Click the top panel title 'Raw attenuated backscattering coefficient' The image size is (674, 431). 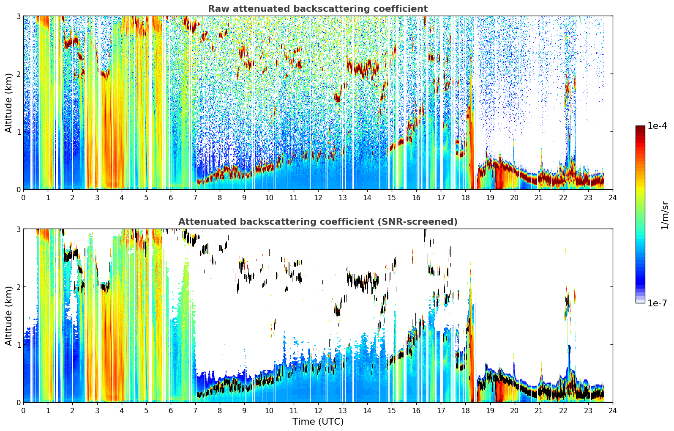(318, 9)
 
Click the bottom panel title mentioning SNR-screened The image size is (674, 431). (318, 222)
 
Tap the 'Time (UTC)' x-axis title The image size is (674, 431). (318, 421)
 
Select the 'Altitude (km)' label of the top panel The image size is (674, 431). (8, 103)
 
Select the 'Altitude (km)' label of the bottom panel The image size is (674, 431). (8, 316)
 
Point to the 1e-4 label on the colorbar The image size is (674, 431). (657, 125)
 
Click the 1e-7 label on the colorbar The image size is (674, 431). (657, 303)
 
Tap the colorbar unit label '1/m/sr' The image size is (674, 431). (665, 216)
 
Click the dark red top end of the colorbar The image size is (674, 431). (640, 127)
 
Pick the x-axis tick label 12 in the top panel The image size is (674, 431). (318, 198)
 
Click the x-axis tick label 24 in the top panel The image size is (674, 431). (613, 198)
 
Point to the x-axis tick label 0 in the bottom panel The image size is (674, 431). (24, 411)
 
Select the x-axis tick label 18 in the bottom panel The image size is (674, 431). (465, 411)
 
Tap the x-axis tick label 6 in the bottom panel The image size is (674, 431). (171, 411)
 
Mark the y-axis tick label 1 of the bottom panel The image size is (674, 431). (18, 345)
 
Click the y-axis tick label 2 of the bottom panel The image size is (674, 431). (18, 287)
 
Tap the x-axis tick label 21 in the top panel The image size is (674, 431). (539, 198)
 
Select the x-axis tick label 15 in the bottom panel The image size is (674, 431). (392, 411)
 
